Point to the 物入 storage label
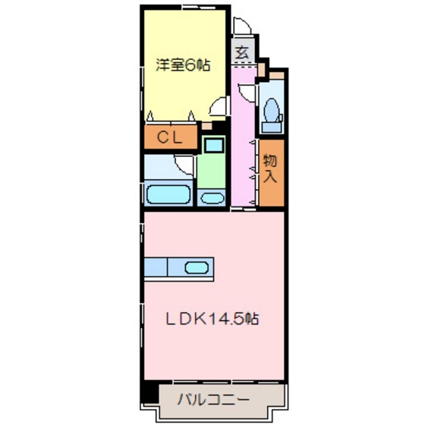[270, 170]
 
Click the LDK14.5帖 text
[213, 319]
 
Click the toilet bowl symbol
[269, 112]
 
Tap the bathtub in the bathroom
[168, 194]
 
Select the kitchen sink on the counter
[197, 267]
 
